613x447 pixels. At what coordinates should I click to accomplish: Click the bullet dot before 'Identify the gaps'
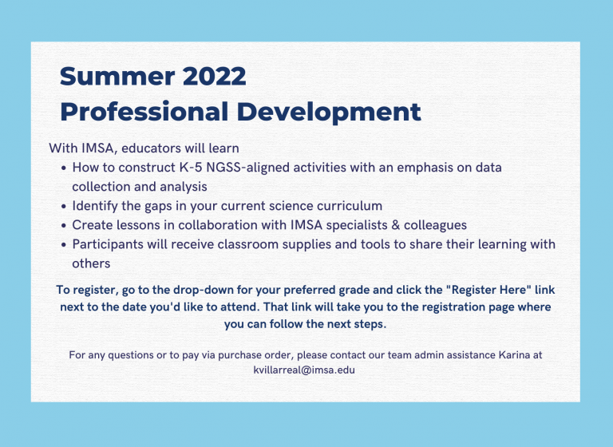click(x=64, y=206)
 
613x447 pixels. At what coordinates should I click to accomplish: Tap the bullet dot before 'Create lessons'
click(x=64, y=225)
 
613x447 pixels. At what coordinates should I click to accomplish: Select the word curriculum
click(x=346, y=206)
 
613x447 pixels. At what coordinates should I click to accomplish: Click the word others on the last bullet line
click(x=91, y=263)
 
